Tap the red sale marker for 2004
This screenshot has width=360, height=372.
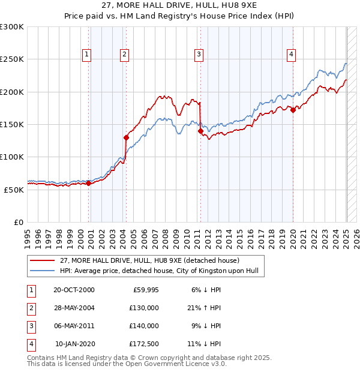(127, 137)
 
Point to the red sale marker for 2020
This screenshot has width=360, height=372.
(293, 110)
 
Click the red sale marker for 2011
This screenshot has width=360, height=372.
(200, 131)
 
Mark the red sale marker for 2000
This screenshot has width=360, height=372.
(89, 183)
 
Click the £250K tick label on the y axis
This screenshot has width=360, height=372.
(12, 59)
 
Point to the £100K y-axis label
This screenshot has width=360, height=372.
(12, 157)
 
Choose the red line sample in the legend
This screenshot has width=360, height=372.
(43, 260)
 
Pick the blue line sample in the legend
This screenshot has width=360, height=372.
(43, 271)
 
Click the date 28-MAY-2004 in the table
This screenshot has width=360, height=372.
(74, 307)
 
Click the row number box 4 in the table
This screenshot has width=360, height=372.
(30, 344)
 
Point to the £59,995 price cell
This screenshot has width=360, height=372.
(145, 289)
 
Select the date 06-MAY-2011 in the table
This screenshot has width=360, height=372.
(74, 326)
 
